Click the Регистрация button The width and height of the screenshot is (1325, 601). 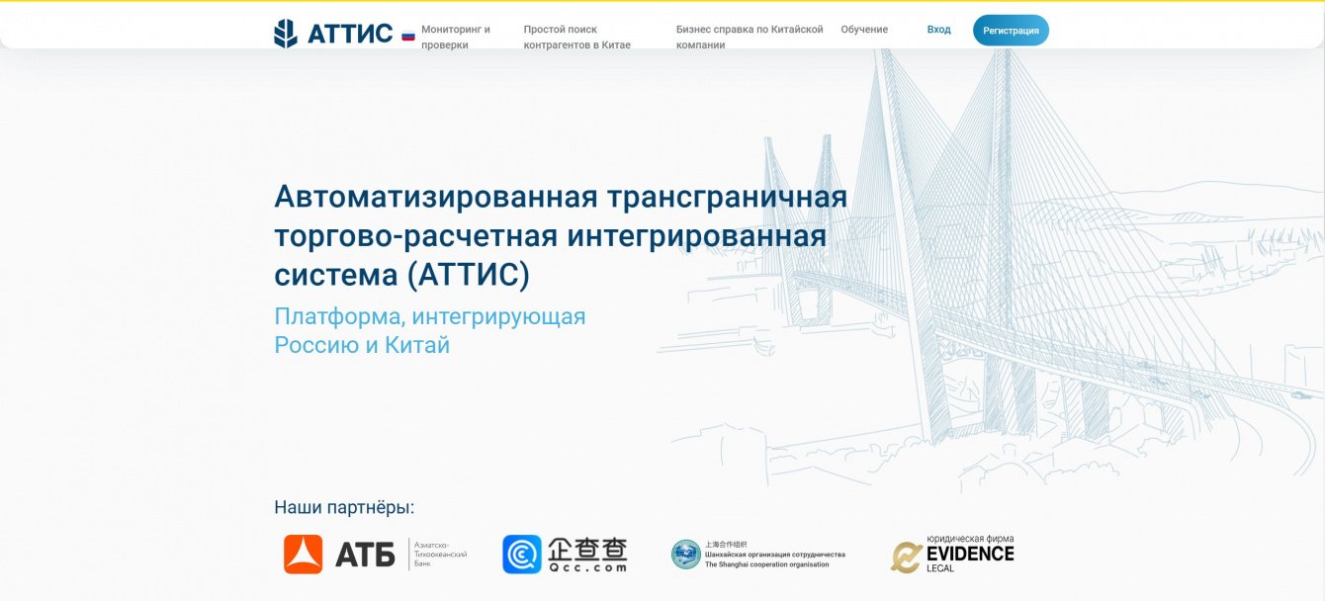coord(1011,31)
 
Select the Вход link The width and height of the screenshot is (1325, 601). coord(938,30)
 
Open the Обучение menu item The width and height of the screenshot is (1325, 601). coord(864,30)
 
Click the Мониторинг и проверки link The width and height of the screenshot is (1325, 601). coord(456,37)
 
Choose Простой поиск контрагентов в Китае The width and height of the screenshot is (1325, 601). coord(576,37)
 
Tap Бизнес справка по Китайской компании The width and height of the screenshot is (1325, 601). coord(750,37)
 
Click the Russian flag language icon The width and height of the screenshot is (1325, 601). coord(408,36)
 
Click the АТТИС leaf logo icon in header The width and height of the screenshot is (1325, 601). coord(286,34)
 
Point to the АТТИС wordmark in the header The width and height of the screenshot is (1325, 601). coord(350,34)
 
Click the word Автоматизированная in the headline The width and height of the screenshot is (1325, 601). coord(436,197)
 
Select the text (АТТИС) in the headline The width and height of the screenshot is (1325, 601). coord(468,274)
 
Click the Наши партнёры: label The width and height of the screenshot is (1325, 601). coord(344,507)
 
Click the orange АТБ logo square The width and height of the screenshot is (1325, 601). coord(303,555)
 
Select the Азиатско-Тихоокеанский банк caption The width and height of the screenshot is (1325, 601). coord(440,554)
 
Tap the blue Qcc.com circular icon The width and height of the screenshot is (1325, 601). coord(522,555)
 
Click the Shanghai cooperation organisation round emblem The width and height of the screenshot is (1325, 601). coord(685,555)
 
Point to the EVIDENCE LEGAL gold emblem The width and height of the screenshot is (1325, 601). coord(906,557)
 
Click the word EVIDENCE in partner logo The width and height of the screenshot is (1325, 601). coord(970,554)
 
